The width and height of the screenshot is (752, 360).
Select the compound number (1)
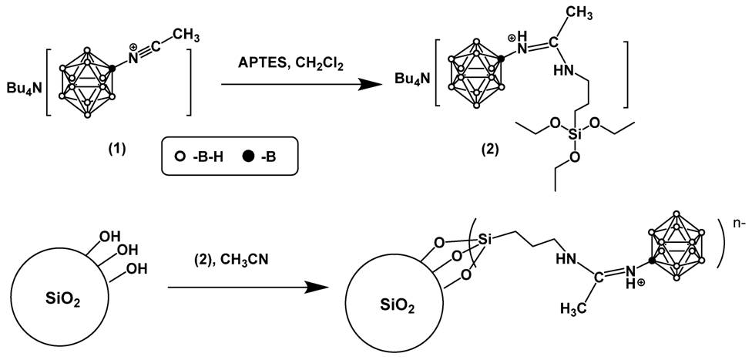click(116, 149)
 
